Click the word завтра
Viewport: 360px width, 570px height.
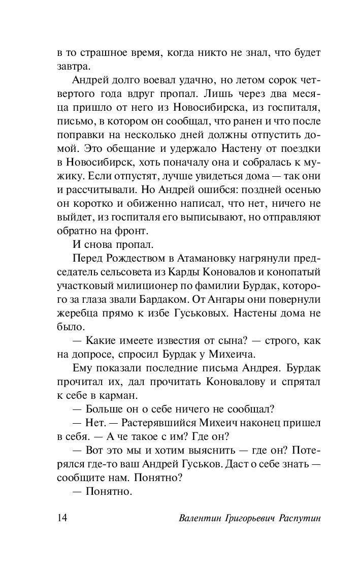pyautogui.click(x=74, y=66)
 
